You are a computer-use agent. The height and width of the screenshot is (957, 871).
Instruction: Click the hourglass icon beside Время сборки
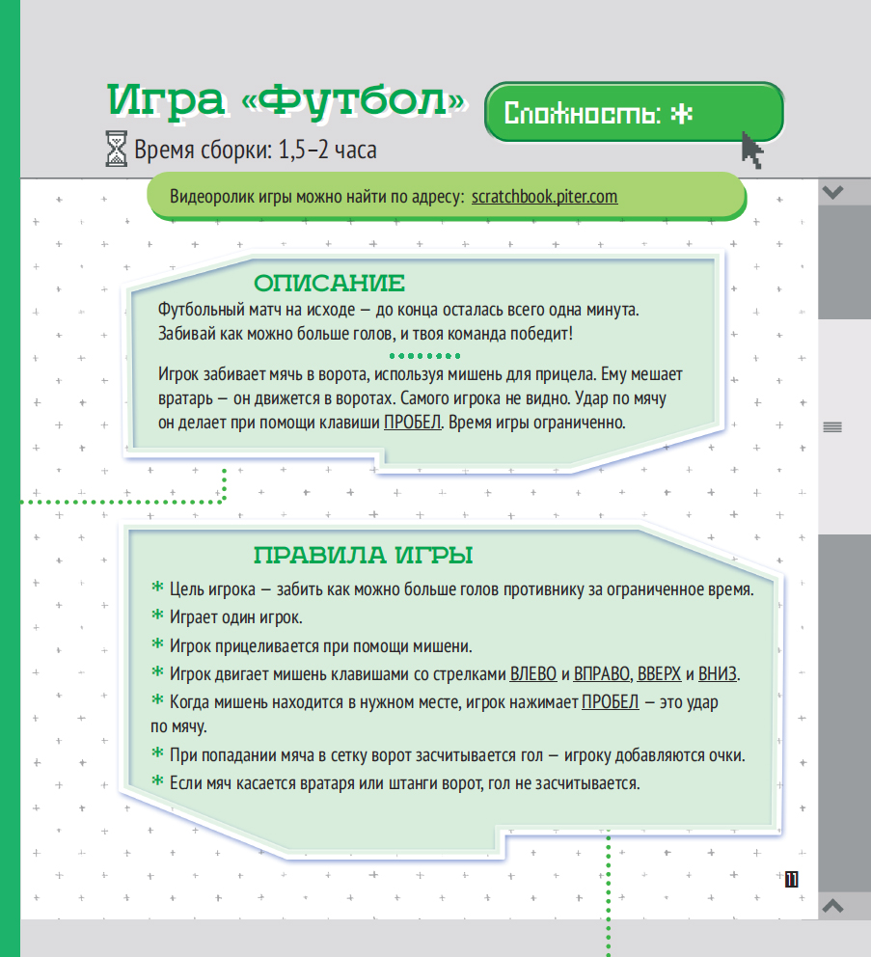[116, 149]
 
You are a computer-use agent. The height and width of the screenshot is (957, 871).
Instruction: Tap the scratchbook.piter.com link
[544, 197]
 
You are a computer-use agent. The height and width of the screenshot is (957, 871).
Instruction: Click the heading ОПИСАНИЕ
[329, 284]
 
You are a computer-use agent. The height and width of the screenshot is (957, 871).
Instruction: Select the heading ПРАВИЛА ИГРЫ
[364, 556]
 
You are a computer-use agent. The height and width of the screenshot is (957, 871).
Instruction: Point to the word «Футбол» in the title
[355, 100]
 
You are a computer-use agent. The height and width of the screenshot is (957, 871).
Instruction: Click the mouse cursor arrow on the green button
[752, 150]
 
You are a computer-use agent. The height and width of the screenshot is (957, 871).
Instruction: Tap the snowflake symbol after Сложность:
[682, 114]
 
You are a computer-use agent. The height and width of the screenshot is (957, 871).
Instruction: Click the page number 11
[792, 880]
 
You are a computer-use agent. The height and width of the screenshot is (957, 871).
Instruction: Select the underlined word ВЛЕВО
[532, 673]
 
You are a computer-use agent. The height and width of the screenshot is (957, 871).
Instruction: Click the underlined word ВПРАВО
[602, 673]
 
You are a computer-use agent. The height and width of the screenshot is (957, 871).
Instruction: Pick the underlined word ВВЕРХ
[659, 673]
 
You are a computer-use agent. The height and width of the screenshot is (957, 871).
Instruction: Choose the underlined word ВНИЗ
[718, 673]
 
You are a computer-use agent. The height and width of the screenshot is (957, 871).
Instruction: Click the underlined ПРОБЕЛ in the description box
[412, 423]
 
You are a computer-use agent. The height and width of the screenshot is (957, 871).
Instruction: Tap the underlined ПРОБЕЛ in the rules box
[611, 702]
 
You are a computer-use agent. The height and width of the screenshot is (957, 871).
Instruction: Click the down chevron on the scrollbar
[832, 192]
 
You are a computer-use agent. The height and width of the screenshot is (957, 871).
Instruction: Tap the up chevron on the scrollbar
[832, 905]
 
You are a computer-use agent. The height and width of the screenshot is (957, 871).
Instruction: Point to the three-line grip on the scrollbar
[832, 427]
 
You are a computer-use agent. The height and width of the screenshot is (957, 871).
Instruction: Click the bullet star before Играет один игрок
[157, 615]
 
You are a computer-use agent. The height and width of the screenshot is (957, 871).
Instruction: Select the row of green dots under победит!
[424, 356]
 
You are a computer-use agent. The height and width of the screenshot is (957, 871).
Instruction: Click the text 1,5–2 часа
[327, 150]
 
